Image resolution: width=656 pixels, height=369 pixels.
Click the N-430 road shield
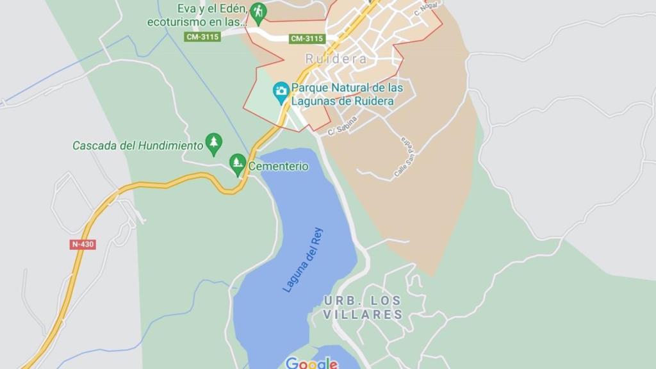click(x=83, y=244)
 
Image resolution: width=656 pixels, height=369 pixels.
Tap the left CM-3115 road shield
click(x=202, y=37)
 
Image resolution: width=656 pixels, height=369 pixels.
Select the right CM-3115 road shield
click(x=307, y=38)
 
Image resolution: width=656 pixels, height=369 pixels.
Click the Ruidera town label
click(x=336, y=59)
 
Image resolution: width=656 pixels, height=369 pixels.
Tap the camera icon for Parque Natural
click(x=281, y=91)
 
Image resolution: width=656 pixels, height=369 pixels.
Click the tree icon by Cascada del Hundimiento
click(x=213, y=143)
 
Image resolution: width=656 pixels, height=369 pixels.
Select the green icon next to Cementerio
click(x=238, y=163)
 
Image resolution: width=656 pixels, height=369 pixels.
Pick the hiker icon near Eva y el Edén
click(x=258, y=11)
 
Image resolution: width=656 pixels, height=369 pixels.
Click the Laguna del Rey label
click(x=303, y=259)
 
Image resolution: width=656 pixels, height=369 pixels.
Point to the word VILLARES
click(x=363, y=315)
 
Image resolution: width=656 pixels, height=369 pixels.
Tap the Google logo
click(x=312, y=363)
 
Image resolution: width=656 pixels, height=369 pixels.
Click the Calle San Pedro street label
click(x=405, y=158)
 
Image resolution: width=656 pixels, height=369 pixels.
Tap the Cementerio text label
click(x=278, y=167)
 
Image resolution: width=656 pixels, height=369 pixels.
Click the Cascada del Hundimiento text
click(x=137, y=145)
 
